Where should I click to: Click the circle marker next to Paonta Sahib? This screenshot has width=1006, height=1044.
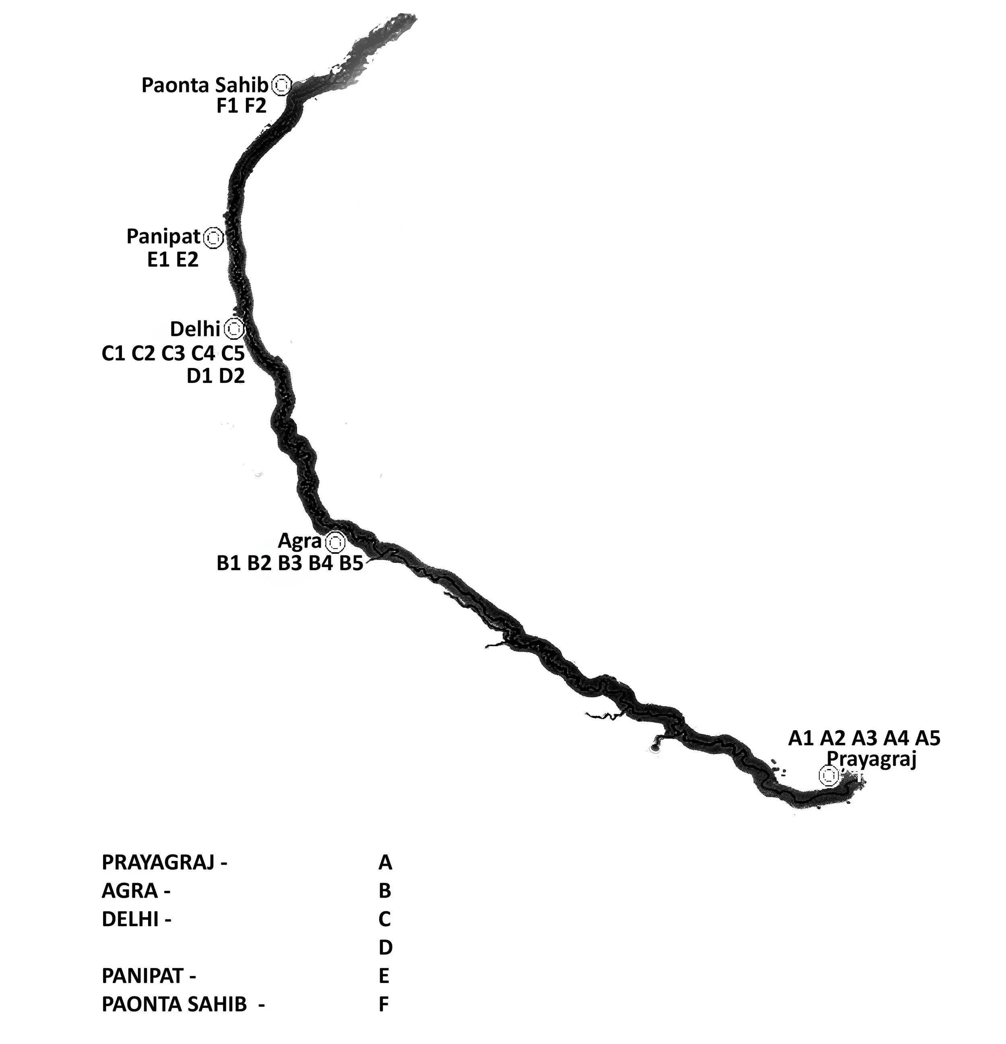coord(281,85)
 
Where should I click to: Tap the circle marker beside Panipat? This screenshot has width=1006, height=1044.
coord(213,238)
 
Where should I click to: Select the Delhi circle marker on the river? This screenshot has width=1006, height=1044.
coord(233,329)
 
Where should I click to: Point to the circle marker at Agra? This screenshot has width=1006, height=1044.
coord(335,542)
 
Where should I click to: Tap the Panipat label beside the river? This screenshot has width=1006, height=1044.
coord(163,236)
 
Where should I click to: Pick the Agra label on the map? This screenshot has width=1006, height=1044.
coord(300,542)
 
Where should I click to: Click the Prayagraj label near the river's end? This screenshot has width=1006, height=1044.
coord(871,758)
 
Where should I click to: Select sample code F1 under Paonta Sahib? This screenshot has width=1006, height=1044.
coord(227,106)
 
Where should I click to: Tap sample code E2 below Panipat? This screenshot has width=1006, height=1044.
coord(187,259)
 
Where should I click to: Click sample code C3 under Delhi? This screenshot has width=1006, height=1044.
coord(173,353)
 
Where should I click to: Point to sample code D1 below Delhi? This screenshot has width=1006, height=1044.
coord(200,376)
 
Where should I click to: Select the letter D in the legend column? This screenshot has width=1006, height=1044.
coord(385,947)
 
